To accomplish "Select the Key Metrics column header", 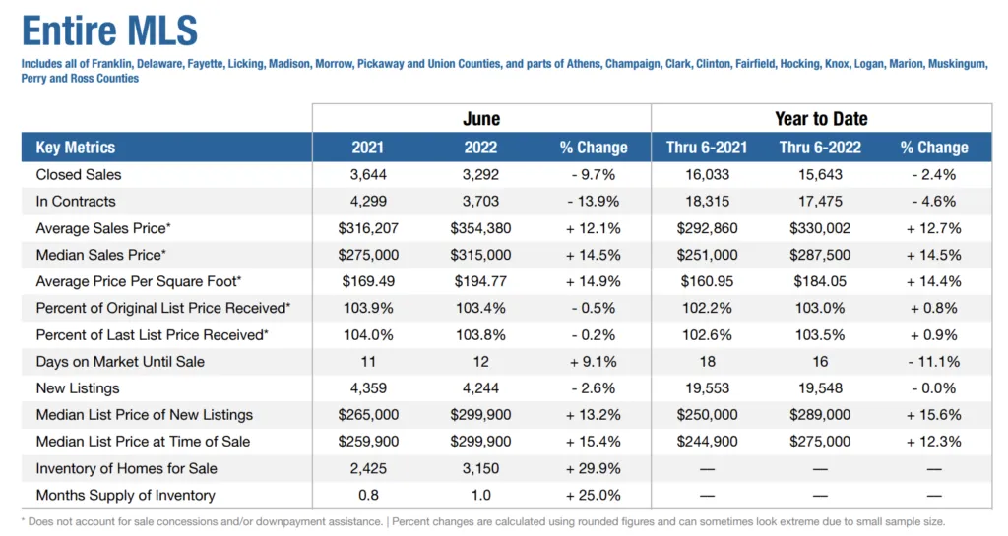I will (76, 148).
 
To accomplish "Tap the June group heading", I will (481, 119).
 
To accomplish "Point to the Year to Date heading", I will (821, 119).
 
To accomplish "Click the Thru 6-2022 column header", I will (820, 148).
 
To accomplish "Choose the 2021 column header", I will (368, 148).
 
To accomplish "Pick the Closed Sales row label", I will (79, 174).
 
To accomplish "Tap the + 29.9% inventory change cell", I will (593, 468).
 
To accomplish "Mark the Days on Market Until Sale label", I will (120, 361).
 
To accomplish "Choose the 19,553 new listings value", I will (707, 388).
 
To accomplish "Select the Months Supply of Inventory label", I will (125, 495).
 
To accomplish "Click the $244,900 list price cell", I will (707, 442).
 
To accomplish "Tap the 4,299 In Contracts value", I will (368, 201).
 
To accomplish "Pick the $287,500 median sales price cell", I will (820, 255).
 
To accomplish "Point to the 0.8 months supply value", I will (368, 495).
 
